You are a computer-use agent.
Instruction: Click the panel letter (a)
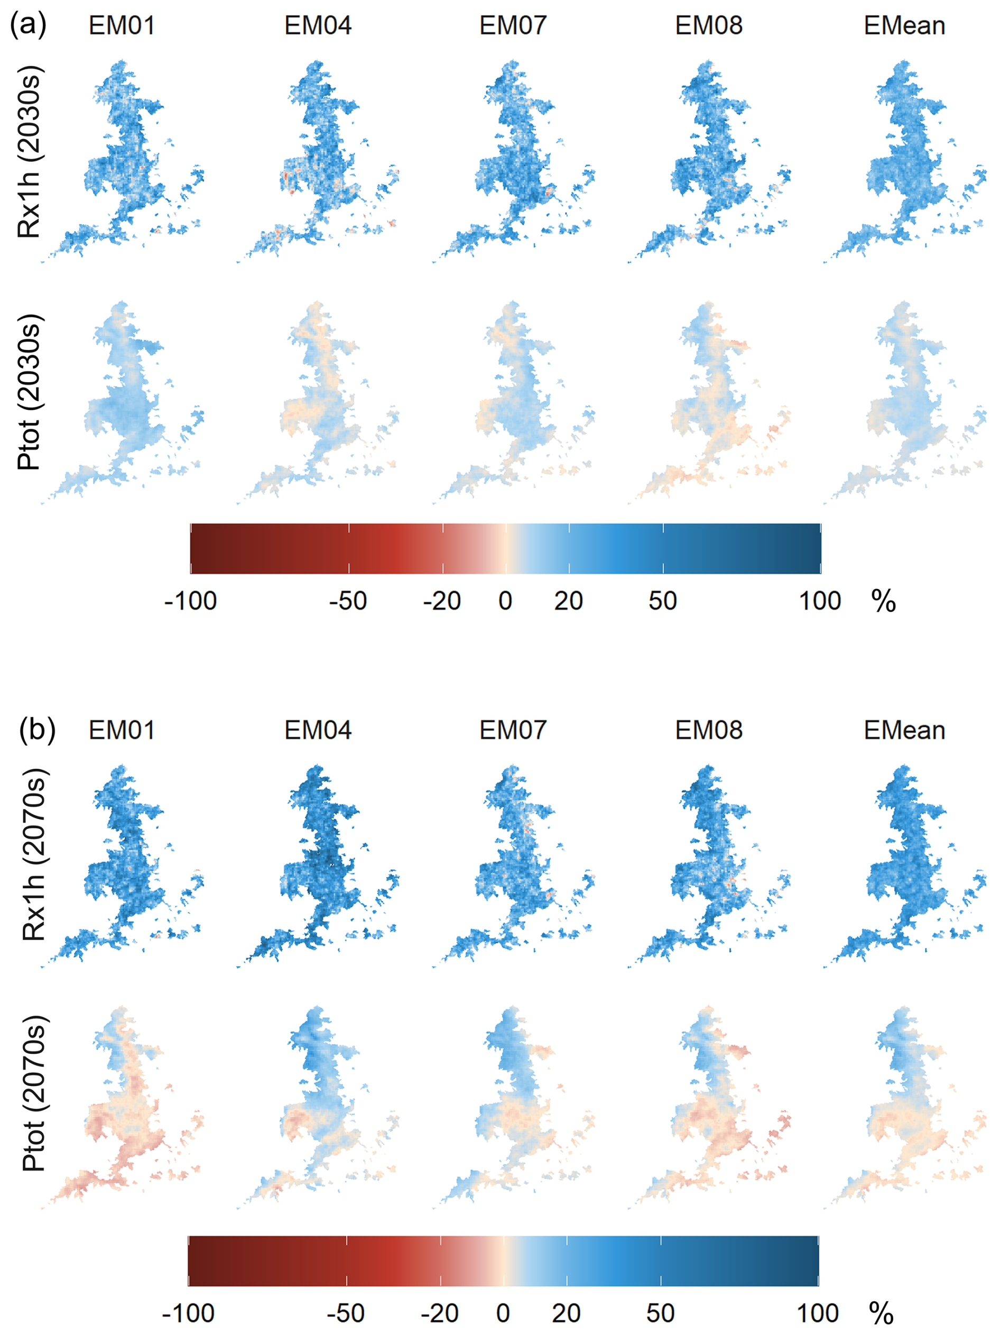[x=28, y=26]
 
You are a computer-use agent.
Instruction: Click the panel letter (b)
[x=37, y=730]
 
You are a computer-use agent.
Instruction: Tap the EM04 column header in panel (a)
[x=318, y=26]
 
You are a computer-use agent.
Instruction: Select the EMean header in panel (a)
[x=904, y=26]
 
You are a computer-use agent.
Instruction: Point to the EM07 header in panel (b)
[x=513, y=730]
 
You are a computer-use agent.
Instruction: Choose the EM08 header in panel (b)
[x=708, y=730]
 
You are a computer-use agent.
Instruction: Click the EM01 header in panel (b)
[x=122, y=730]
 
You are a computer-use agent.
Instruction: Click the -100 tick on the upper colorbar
[x=191, y=601]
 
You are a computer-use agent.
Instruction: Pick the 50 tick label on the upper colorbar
[x=663, y=601]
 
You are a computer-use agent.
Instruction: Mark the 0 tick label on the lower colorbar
[x=503, y=1313]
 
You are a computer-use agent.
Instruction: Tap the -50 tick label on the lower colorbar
[x=346, y=1313]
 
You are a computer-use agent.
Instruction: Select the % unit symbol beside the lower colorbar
[x=881, y=1313]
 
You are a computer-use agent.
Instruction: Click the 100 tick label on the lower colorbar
[x=818, y=1313]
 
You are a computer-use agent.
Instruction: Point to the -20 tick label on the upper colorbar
[x=442, y=601]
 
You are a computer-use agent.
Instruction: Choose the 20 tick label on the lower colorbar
[x=566, y=1313]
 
